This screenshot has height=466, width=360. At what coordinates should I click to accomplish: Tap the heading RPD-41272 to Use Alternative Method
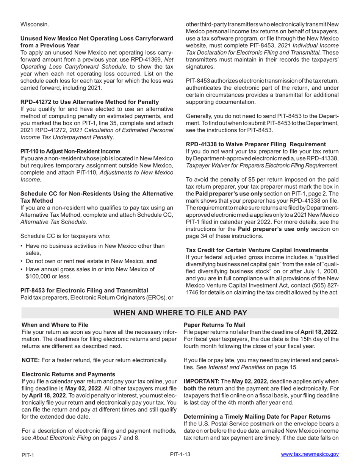pos(89,102)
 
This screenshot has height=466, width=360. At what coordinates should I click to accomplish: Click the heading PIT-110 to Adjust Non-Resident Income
pos(70,151)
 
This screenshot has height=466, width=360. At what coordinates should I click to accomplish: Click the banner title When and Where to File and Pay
pos(180,313)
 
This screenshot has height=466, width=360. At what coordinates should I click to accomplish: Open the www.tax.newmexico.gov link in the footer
pos(310,454)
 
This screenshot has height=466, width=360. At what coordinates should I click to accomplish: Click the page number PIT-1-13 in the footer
pos(180,454)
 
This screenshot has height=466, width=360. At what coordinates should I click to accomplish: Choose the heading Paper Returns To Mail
pos(214,325)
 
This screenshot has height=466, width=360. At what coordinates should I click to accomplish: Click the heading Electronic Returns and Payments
pos(68,374)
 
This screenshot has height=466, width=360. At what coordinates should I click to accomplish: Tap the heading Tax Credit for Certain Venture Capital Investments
pos(257,250)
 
